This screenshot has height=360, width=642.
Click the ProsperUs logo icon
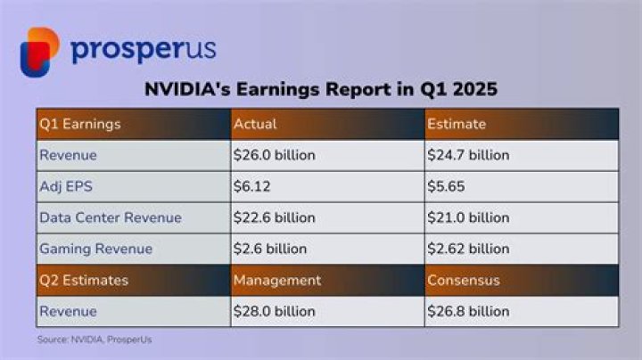point(39,51)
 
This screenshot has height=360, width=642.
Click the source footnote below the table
point(87,340)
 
